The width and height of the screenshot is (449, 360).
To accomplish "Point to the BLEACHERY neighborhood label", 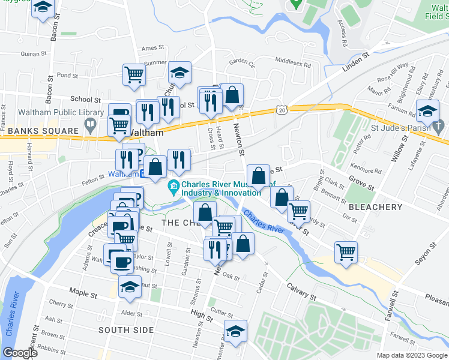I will (375, 207).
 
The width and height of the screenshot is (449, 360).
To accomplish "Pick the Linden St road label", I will (354, 67).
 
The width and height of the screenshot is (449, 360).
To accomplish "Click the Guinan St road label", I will (32, 54).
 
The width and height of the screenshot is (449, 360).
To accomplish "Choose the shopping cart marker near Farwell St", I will (346, 252).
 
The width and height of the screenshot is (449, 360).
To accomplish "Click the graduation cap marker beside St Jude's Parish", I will (427, 112).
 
